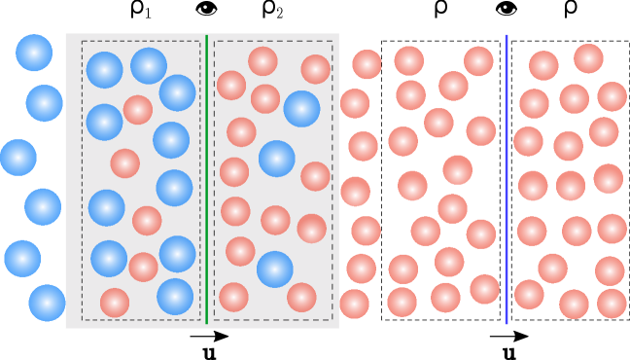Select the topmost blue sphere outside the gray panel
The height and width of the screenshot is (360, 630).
(34, 53)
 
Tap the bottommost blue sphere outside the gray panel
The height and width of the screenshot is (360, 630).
(47, 303)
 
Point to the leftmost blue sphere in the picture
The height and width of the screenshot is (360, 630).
(18, 158)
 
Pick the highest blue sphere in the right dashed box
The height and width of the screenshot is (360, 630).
(301, 109)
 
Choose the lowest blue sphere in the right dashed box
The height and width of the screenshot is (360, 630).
(275, 270)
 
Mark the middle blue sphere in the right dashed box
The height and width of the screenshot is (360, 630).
(277, 159)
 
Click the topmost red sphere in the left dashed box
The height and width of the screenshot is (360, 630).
(138, 110)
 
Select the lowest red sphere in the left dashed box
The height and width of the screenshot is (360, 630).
(115, 303)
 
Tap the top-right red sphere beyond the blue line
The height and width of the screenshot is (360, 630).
(588, 58)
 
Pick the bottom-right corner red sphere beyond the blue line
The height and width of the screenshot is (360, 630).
(612, 304)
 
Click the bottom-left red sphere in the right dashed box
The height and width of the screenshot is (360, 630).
(233, 297)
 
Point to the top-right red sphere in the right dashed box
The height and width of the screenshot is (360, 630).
(315, 69)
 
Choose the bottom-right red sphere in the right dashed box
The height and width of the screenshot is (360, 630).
(301, 297)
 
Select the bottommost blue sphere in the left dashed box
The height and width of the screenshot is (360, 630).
(175, 297)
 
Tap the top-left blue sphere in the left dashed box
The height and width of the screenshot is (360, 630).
(105, 70)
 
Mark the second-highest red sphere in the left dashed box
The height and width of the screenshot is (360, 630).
(124, 163)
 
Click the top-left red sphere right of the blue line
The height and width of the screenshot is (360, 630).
(543, 65)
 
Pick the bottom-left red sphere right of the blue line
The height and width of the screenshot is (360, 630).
(529, 294)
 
